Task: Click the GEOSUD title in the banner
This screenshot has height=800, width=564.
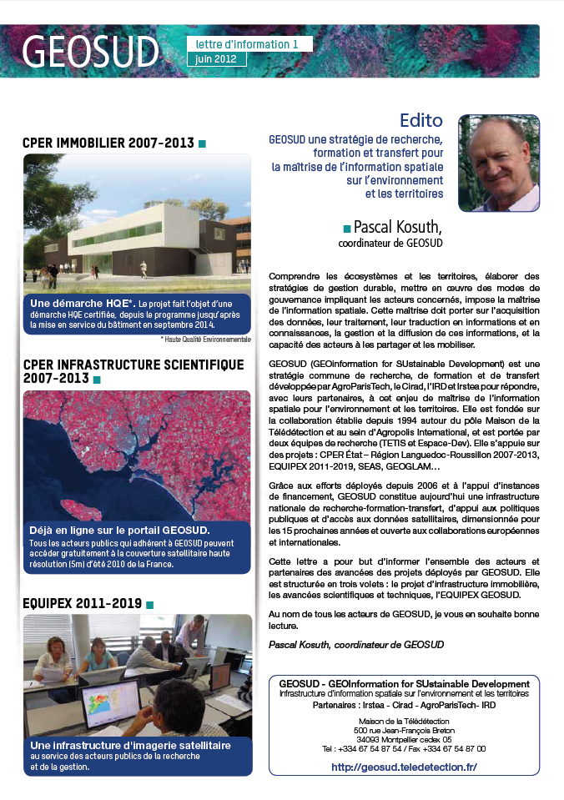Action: coord(90,52)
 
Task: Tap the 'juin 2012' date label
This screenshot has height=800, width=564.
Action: coord(216,59)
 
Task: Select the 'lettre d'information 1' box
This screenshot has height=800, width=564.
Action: coord(249,43)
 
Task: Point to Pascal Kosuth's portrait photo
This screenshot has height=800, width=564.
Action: coord(498,163)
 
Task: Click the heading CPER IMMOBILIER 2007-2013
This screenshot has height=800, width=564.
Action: coord(108,143)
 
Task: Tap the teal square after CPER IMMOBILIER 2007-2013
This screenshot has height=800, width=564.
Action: coord(202,144)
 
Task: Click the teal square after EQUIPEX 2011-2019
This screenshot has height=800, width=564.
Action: coord(150,604)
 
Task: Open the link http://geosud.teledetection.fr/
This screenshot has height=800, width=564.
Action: coord(404,767)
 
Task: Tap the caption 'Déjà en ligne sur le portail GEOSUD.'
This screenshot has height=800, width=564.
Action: coord(119,530)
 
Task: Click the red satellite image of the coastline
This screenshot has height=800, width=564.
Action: coord(137,455)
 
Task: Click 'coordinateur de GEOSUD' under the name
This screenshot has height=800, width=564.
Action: coord(390,244)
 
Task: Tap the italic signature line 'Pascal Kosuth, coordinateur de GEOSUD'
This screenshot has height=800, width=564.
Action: coord(356,644)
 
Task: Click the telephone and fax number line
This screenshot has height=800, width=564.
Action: coord(404,749)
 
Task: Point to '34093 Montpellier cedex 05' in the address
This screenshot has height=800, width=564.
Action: coord(404,739)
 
